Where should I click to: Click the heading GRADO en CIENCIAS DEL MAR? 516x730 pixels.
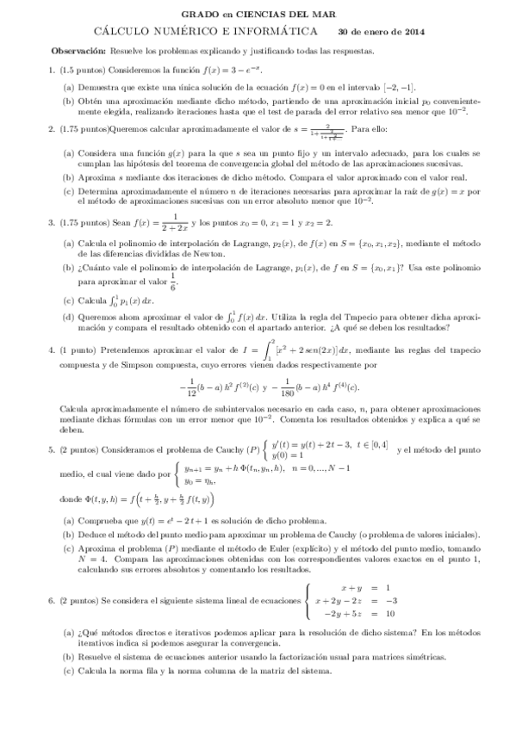tap(258, 15)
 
